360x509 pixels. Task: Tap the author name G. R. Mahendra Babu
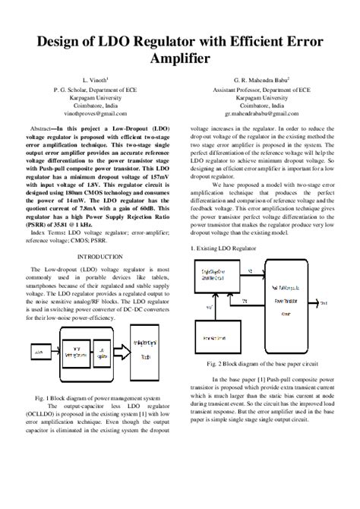(262, 79)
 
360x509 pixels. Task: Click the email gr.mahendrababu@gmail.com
(262, 112)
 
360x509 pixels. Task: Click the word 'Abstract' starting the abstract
(43, 130)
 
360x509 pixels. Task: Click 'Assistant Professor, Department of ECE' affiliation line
(262, 90)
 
